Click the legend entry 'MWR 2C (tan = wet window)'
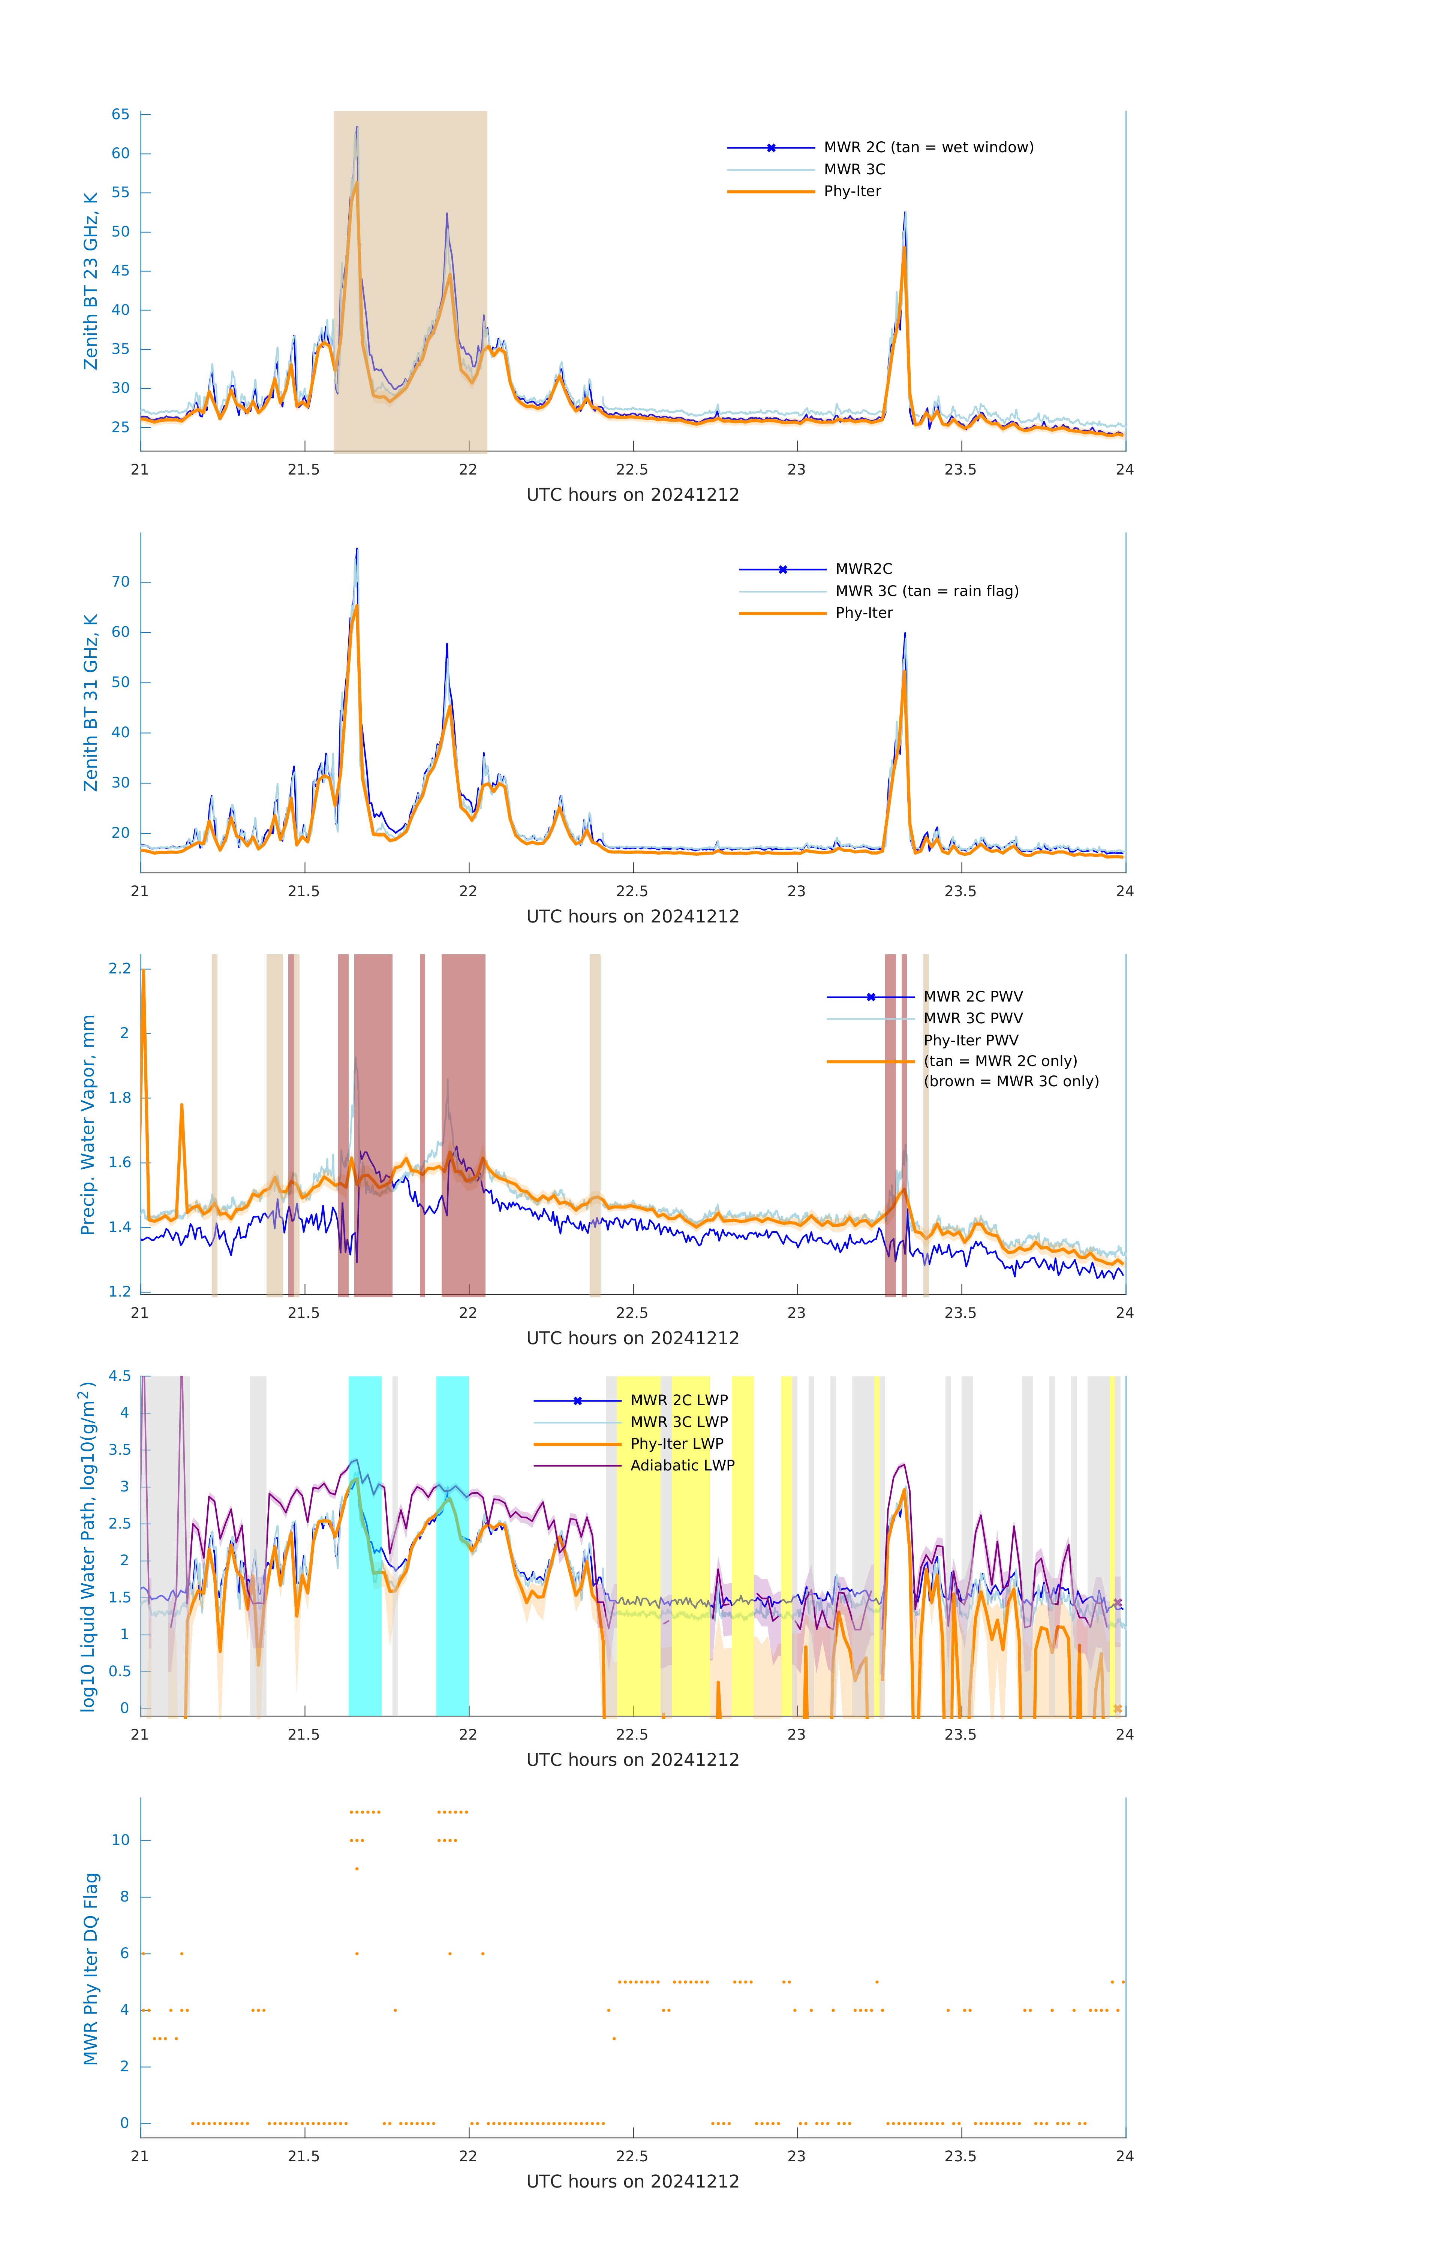tap(928, 148)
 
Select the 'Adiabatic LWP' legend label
tap(682, 1465)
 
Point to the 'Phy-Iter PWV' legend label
tap(971, 1041)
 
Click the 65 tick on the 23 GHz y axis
tap(120, 115)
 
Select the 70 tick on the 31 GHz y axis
tap(120, 582)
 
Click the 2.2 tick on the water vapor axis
tap(120, 969)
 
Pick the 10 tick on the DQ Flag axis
tap(120, 1841)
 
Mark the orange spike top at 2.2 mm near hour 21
tap(143, 970)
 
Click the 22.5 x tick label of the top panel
tap(631, 470)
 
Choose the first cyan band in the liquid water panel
tap(364, 1546)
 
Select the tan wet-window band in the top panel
tap(410, 280)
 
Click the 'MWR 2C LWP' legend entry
tap(678, 1400)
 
